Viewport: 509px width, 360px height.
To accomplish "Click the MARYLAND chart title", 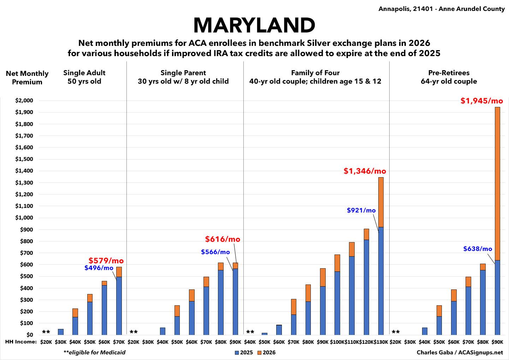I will tap(254, 25).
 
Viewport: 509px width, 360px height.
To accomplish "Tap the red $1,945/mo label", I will tap(481, 101).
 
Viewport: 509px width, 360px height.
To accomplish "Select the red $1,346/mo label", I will tap(365, 171).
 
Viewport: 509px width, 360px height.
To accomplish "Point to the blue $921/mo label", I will tap(361, 210).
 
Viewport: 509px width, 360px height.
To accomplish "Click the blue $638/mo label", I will tap(477, 249).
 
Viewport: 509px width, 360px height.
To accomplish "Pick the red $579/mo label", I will tap(106, 261).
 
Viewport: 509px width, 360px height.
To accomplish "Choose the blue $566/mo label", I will tap(215, 252).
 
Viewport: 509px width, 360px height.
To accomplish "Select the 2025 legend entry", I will tap(243, 353).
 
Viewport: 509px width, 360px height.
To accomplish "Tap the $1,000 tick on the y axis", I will tap(24, 218).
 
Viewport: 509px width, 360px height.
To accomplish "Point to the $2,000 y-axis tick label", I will tap(24, 101).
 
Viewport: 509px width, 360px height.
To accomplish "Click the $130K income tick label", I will tap(381, 342).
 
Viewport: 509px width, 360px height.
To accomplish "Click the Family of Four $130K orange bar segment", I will tap(381, 202).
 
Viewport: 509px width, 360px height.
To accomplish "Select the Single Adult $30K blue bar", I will tap(61, 332).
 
